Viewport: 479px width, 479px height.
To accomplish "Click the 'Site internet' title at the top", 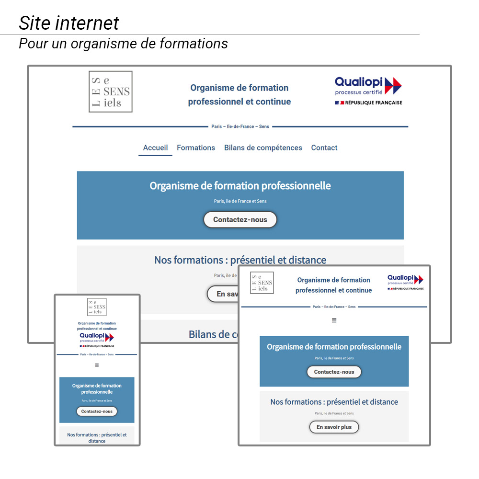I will click(69, 23).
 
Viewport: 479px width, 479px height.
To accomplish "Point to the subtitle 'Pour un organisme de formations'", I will click(123, 44).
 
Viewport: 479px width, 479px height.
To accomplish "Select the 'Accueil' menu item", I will click(155, 148).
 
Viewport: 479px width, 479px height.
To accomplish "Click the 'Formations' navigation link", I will click(196, 148).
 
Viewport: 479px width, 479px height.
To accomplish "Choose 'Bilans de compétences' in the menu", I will click(263, 148).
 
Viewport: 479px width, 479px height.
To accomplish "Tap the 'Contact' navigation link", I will click(324, 148).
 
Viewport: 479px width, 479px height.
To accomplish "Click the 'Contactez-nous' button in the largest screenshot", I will click(240, 220).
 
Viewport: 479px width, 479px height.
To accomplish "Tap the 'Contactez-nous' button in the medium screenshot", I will click(334, 372).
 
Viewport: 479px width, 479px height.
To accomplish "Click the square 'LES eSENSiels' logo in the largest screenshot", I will click(111, 91).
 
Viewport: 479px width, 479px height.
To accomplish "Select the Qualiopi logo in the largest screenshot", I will click(368, 91).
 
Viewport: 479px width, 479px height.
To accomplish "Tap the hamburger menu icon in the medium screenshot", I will click(334, 320).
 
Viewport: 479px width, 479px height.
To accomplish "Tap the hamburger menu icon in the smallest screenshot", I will click(97, 365).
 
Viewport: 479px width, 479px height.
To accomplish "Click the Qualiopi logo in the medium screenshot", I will click(405, 283).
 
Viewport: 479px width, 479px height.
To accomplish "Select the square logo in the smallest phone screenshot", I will click(97, 307).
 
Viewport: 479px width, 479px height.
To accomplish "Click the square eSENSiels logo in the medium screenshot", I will click(262, 283).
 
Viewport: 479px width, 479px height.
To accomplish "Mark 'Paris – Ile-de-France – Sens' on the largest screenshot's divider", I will click(240, 127).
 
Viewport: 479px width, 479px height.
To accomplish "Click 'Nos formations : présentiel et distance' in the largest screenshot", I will click(240, 260).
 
